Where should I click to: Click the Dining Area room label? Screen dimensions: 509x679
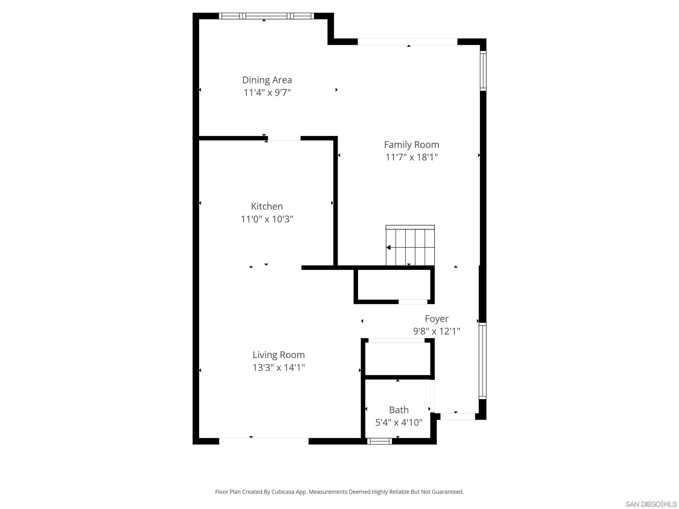pyautogui.click(x=267, y=80)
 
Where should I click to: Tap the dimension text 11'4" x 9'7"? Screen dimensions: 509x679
pyautogui.click(x=267, y=92)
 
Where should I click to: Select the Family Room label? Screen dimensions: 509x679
pyautogui.click(x=411, y=144)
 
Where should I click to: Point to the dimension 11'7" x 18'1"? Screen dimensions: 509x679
pyautogui.click(x=411, y=157)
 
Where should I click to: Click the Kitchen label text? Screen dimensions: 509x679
pyautogui.click(x=267, y=206)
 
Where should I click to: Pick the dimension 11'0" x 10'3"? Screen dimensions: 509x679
pyautogui.click(x=267, y=219)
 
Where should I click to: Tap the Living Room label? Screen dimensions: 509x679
pyautogui.click(x=278, y=355)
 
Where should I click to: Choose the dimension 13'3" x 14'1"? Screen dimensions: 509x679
pyautogui.click(x=278, y=367)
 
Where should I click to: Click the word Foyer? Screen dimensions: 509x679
pyautogui.click(x=437, y=319)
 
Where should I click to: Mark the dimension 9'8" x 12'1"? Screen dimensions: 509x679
pyautogui.click(x=437, y=331)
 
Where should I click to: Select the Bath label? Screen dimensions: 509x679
pyautogui.click(x=399, y=410)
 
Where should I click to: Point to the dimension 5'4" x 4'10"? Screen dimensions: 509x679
pyautogui.click(x=399, y=422)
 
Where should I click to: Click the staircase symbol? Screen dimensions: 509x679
pyautogui.click(x=410, y=246)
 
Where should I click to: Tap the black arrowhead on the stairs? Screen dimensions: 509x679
pyautogui.click(x=389, y=247)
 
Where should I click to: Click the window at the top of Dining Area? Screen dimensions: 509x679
pyautogui.click(x=266, y=16)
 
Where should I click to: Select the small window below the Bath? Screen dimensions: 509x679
pyautogui.click(x=380, y=441)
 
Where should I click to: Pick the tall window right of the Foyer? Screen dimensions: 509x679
pyautogui.click(x=483, y=361)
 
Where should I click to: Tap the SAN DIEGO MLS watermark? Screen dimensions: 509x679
pyautogui.click(x=651, y=504)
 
